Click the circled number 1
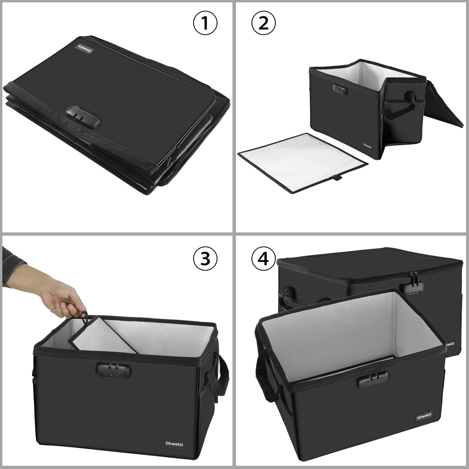click(x=205, y=23)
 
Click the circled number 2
click(x=264, y=23)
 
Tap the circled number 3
click(x=205, y=259)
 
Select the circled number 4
click(x=264, y=259)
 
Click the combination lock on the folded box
click(x=83, y=121)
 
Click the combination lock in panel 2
click(x=340, y=90)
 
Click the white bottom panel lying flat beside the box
click(x=302, y=162)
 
